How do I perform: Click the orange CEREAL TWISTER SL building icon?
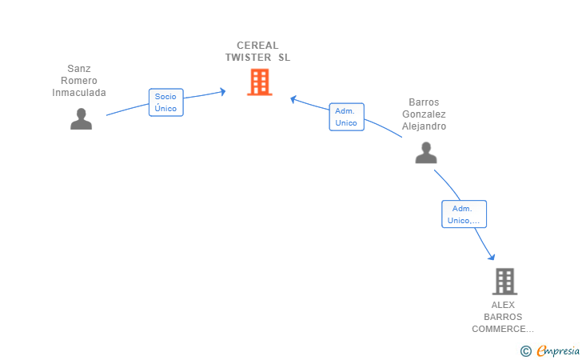259,82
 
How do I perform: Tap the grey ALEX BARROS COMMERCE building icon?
504,281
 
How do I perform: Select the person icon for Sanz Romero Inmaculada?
81,118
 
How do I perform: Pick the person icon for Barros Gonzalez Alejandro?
426,152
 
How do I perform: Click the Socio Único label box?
166,102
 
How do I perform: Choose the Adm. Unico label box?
346,117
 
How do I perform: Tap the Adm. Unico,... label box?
464,214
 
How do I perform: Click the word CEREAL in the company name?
257,46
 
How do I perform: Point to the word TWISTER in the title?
248,58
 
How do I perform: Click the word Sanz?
79,69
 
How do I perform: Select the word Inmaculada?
79,93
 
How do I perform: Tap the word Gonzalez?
424,114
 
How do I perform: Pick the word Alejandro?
424,126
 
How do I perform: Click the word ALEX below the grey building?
504,305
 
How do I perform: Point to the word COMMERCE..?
501,329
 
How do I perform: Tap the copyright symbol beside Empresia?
525,350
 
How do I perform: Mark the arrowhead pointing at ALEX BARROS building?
492,257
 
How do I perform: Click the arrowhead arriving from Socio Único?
222,91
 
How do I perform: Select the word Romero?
79,81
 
